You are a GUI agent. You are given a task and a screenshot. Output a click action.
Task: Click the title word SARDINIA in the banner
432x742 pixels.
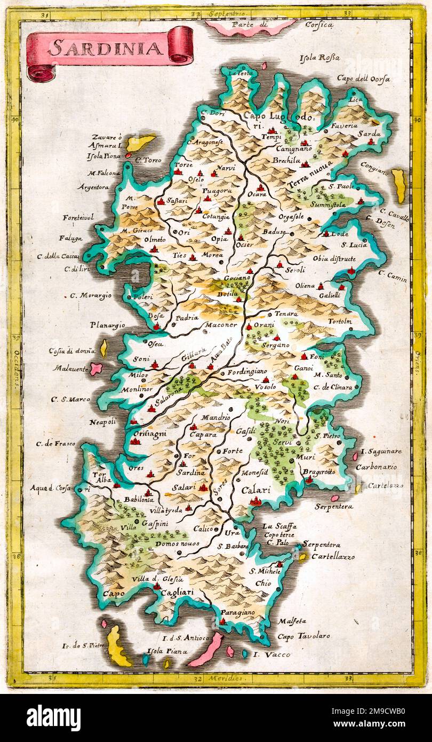pos(106,49)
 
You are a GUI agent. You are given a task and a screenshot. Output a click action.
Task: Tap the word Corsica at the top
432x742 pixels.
pos(319,25)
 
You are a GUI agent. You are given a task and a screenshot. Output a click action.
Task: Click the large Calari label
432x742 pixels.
pos(256,490)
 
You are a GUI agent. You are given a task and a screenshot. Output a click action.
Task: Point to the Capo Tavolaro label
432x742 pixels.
pos(303,636)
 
